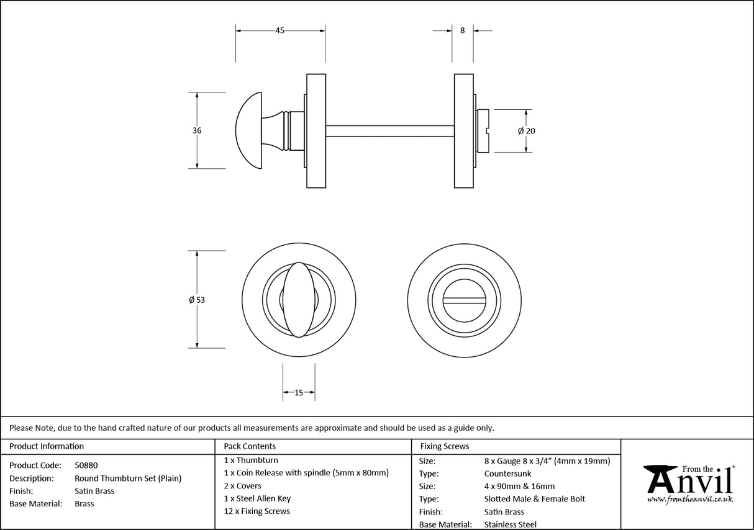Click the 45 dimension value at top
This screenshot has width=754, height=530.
click(279, 31)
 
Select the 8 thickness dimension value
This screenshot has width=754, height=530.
click(462, 31)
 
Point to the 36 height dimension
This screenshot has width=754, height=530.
click(197, 131)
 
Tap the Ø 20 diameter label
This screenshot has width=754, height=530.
click(526, 131)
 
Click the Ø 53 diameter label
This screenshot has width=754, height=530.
click(197, 300)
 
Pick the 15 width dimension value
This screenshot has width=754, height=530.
click(298, 392)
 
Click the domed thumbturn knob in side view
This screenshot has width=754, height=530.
click(250, 130)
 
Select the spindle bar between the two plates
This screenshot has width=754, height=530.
click(389, 131)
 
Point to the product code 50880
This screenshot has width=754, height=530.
click(86, 465)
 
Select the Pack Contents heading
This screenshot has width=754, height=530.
click(250, 446)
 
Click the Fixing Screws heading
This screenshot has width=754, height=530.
click(445, 446)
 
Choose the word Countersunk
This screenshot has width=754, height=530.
click(507, 474)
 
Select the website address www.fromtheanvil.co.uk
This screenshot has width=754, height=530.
click(689, 499)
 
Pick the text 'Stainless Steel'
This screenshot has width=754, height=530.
click(511, 525)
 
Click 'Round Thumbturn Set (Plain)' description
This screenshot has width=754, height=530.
click(128, 478)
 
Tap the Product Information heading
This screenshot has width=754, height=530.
click(47, 446)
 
